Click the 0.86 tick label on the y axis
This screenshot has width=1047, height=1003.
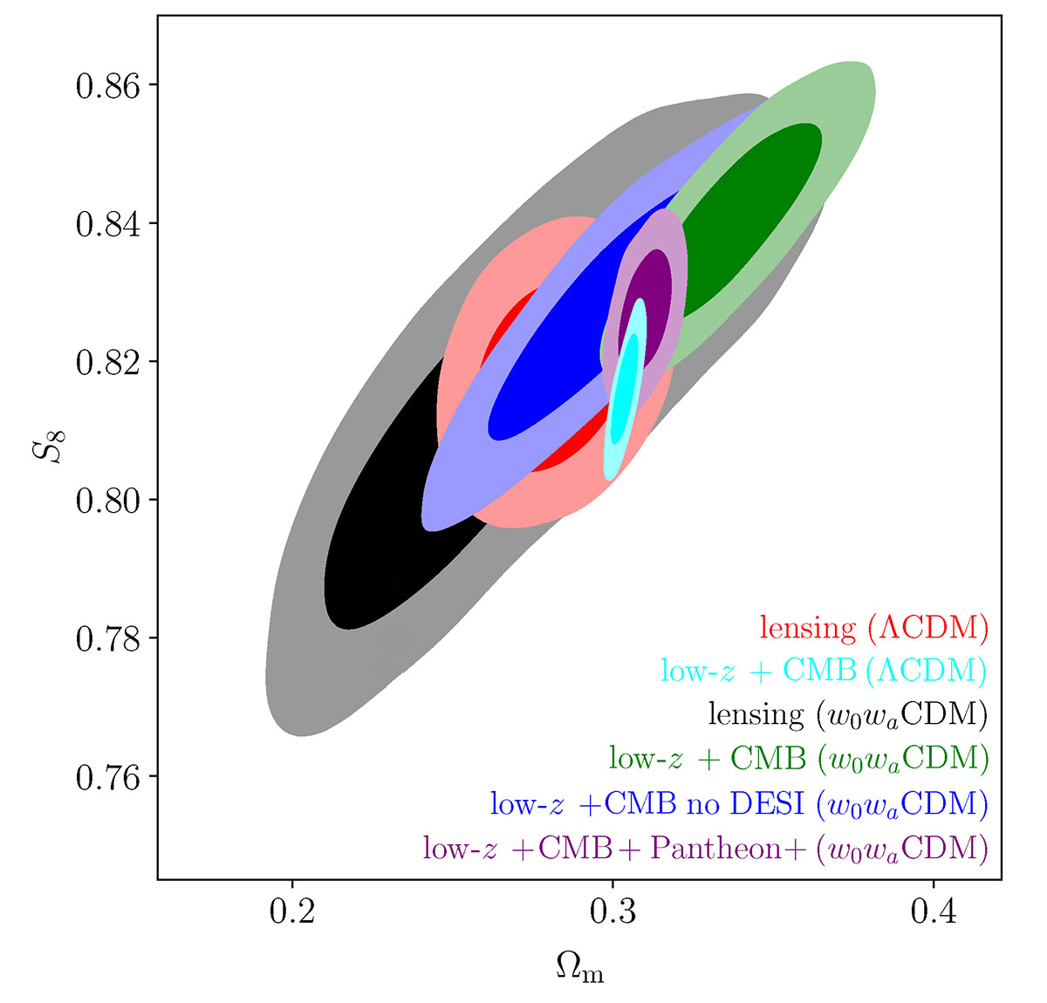(x=107, y=85)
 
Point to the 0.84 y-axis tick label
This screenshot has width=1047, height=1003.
(x=107, y=224)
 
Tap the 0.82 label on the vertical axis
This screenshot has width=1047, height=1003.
(x=107, y=362)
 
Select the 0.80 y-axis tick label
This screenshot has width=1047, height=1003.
(x=107, y=500)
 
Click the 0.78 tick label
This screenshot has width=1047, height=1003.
(x=107, y=638)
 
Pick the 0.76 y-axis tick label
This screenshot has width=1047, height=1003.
(x=107, y=776)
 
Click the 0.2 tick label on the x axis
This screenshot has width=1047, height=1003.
(x=291, y=911)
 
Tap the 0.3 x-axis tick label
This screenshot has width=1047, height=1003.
(x=612, y=911)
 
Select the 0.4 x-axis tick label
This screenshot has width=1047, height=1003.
(x=934, y=911)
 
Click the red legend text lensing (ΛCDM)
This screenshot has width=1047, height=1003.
(x=873, y=628)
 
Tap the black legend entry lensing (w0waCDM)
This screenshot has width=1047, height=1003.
(x=848, y=714)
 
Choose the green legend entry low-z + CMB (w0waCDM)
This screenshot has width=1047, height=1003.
(x=798, y=759)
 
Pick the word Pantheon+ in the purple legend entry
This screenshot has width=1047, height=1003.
(x=727, y=848)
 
